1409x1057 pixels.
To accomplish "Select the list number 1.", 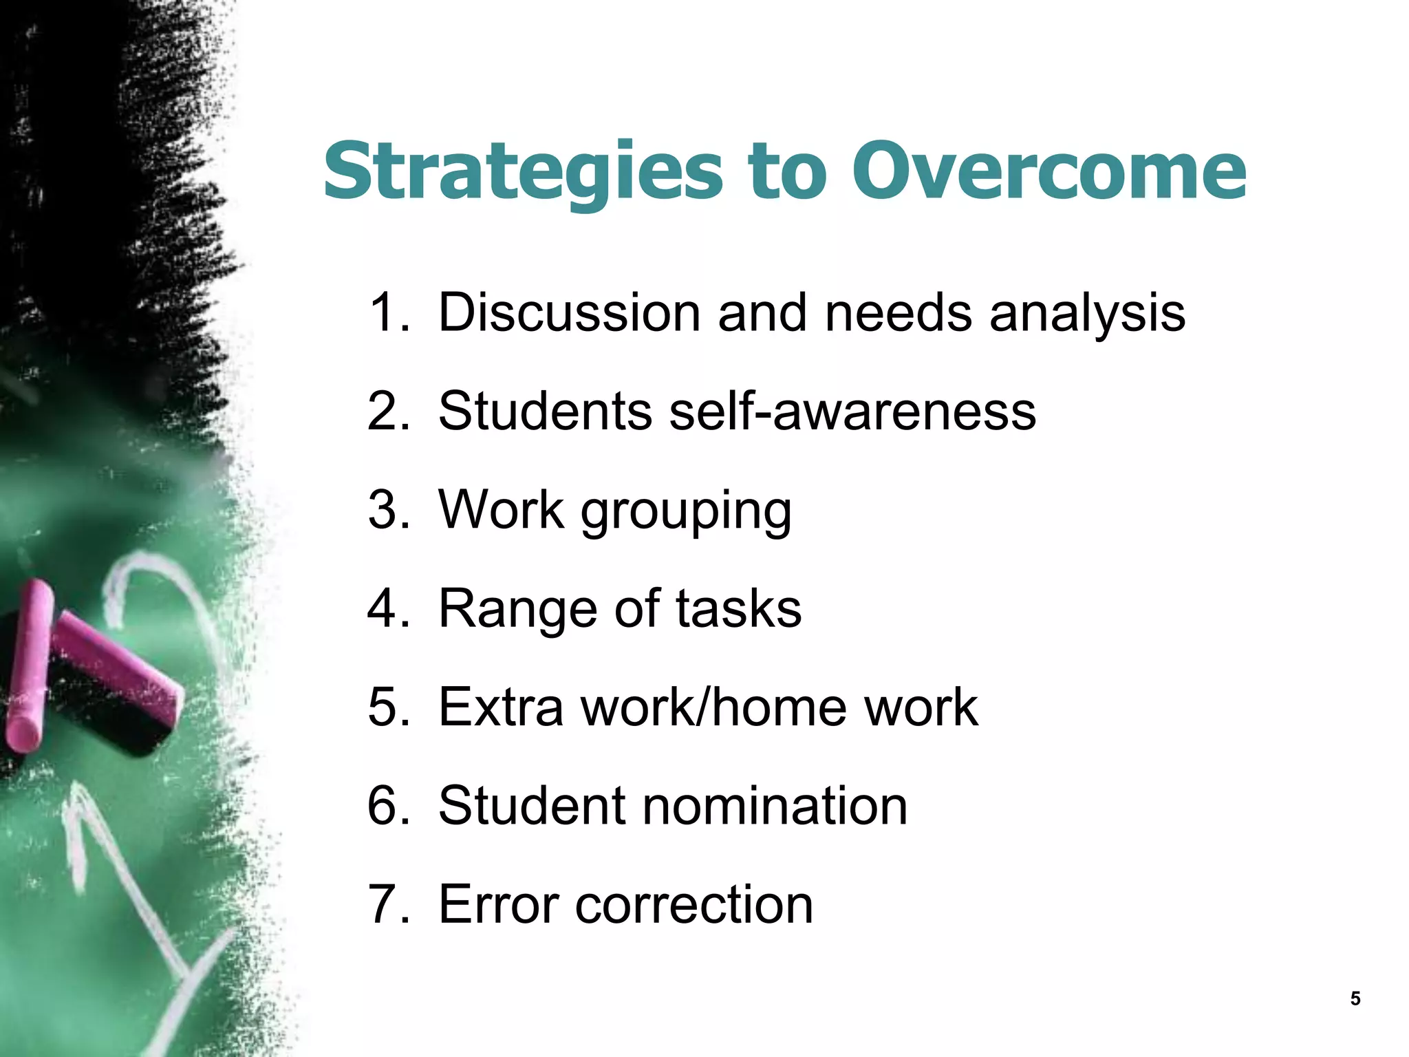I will tap(389, 313).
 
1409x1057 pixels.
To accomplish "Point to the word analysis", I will tap(1087, 313).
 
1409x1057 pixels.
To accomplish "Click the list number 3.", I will tap(389, 510).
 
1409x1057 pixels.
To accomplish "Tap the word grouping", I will tap(686, 513).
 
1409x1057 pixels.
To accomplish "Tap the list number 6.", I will tap(389, 806).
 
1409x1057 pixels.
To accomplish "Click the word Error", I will tap(499, 904).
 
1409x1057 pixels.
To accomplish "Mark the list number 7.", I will tap(389, 904).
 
